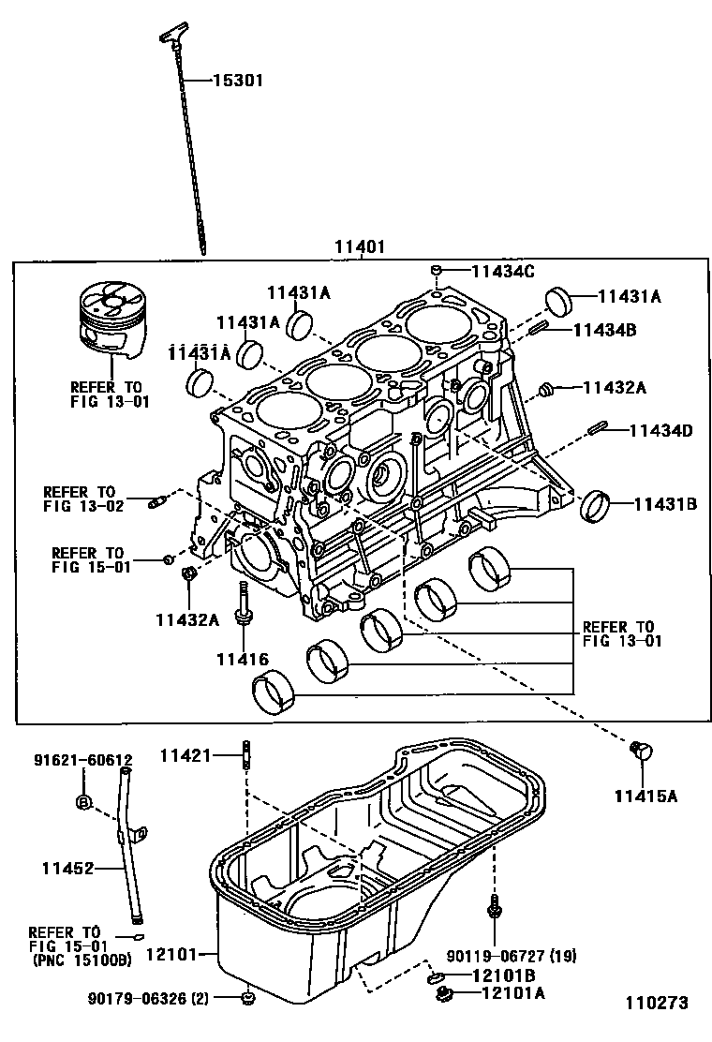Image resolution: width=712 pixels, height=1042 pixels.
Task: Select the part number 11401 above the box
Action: [360, 247]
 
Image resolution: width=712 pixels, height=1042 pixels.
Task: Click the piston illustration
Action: [110, 320]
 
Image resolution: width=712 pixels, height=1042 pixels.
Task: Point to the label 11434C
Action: [502, 272]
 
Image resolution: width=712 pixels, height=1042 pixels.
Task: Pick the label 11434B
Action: [604, 329]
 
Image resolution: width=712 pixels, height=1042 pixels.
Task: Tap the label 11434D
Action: [660, 431]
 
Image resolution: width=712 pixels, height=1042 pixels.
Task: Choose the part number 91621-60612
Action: [83, 760]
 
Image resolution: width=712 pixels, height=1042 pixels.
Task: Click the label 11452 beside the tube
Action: [67, 869]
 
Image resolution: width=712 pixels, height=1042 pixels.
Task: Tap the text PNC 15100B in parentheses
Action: [82, 960]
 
